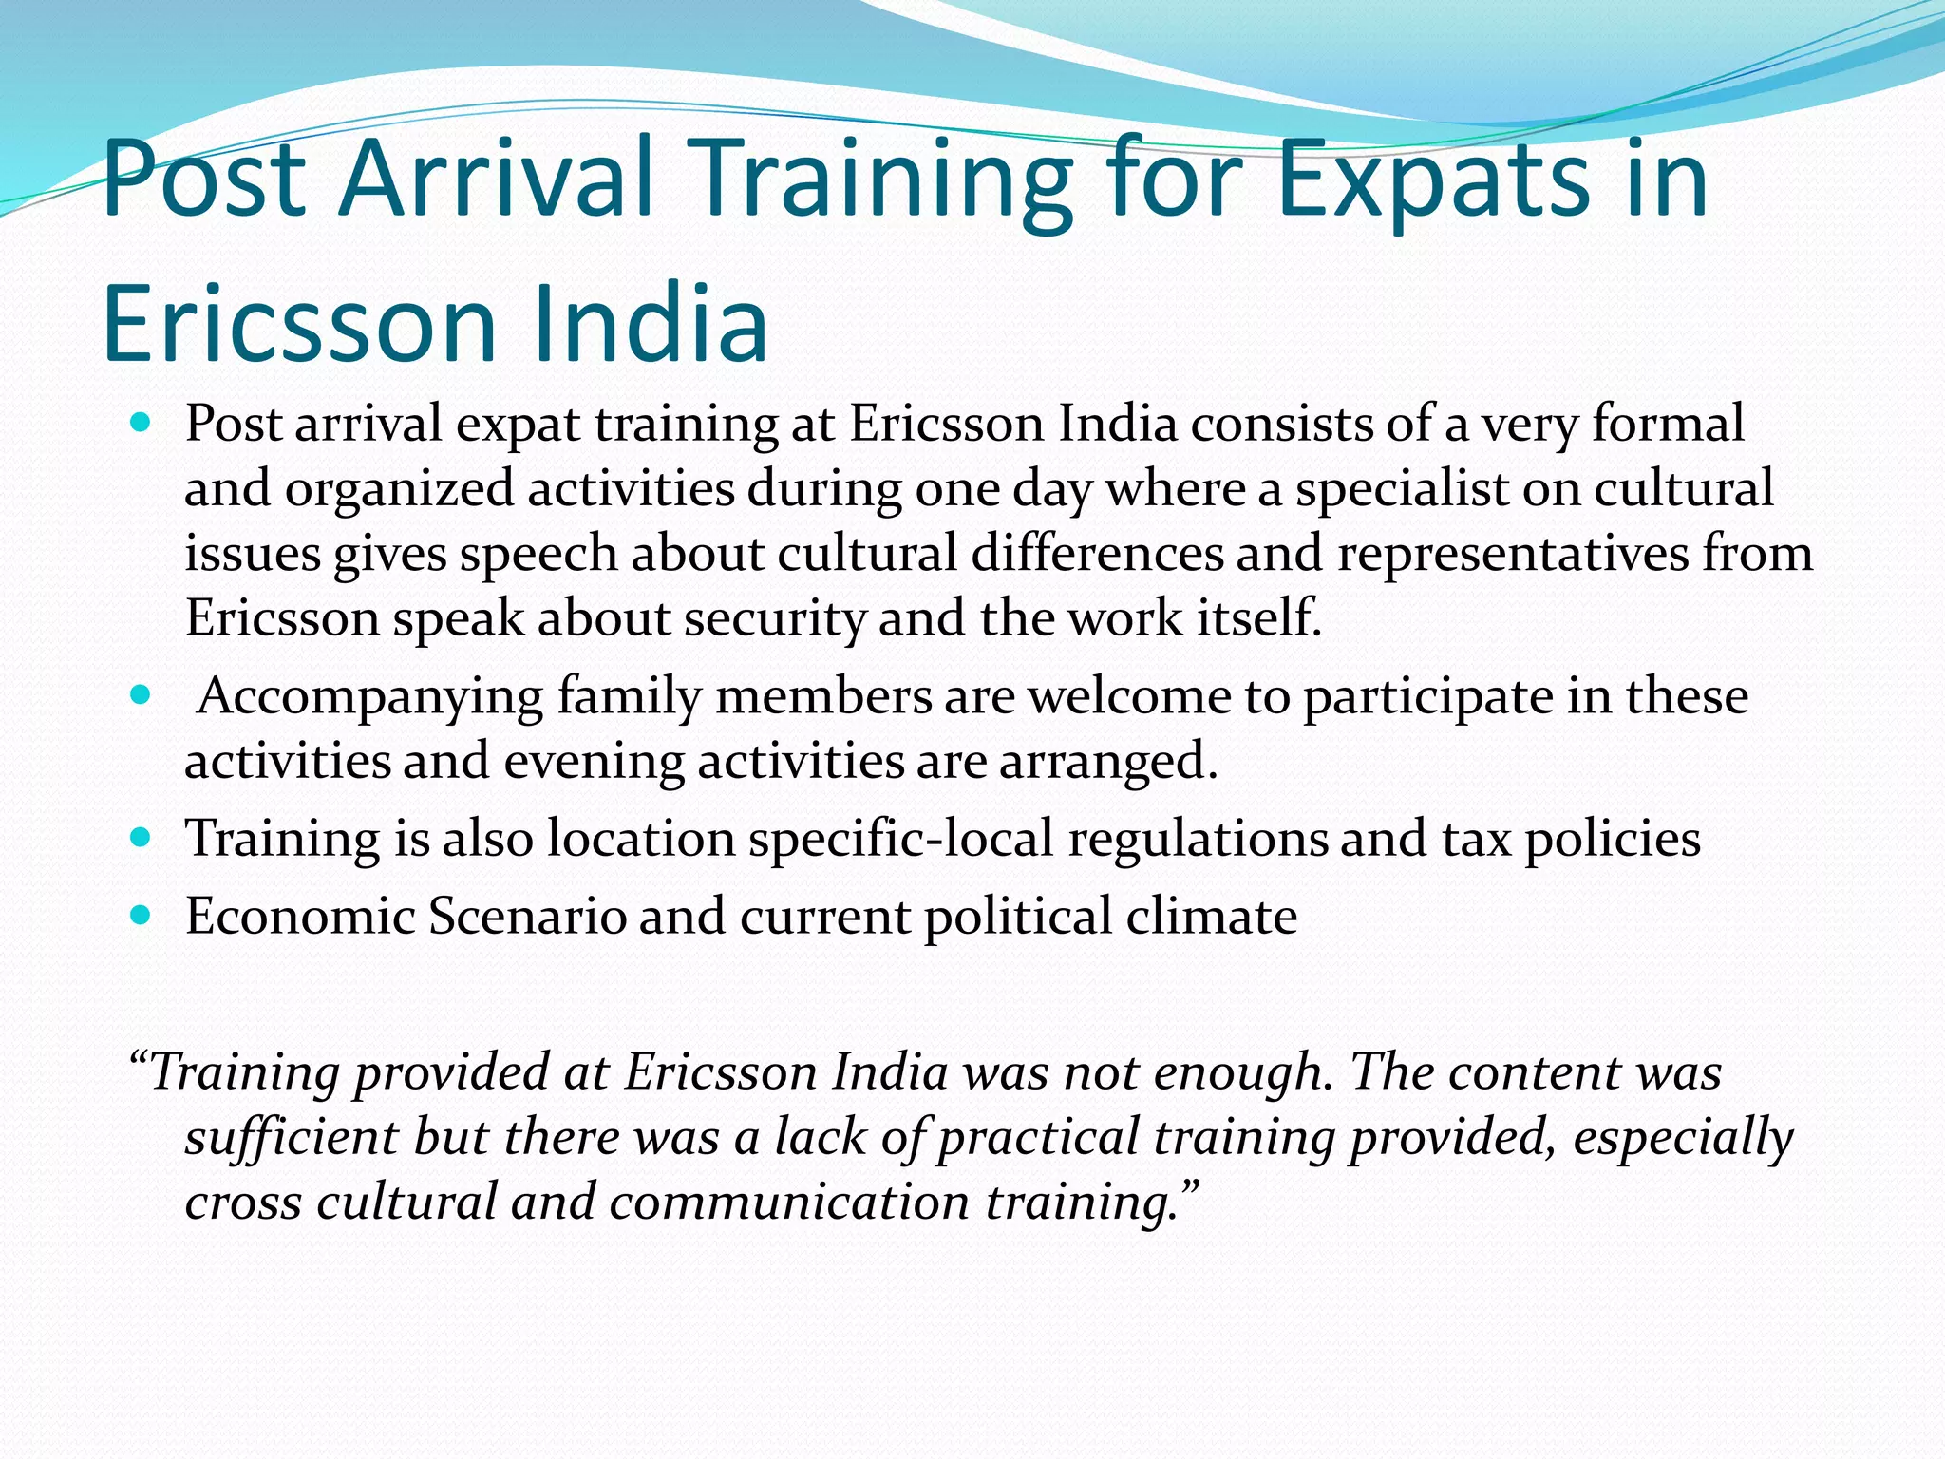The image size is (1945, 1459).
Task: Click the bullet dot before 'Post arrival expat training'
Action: point(141,423)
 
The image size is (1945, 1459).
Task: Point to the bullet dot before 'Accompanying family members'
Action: point(141,695)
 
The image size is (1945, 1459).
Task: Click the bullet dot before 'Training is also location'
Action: point(141,838)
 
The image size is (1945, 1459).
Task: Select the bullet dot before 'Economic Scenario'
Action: point(141,916)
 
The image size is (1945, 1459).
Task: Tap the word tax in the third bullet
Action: point(1476,839)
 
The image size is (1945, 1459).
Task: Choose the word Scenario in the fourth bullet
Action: point(527,917)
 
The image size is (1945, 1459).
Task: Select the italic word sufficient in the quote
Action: point(292,1138)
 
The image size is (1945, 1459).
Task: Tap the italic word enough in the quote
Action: point(1238,1073)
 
